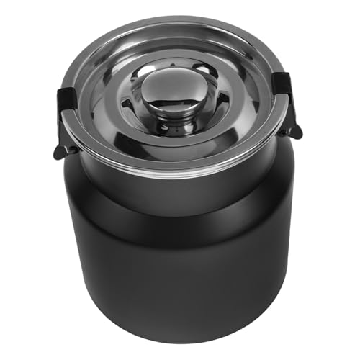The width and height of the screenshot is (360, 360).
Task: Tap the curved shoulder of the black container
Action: (180, 216)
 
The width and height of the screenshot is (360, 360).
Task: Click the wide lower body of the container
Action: (180, 274)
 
